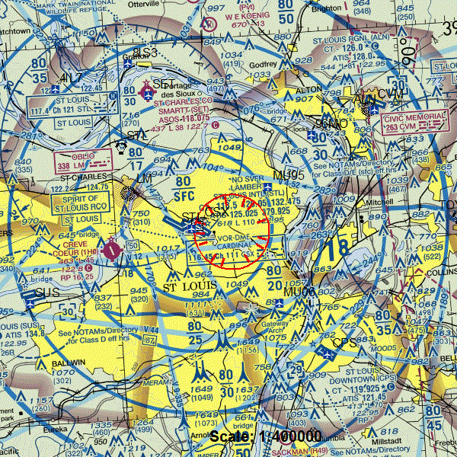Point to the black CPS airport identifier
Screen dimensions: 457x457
(x=344, y=343)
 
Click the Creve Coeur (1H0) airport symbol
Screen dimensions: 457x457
(x=112, y=248)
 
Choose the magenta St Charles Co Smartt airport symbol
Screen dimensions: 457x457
(x=147, y=92)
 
